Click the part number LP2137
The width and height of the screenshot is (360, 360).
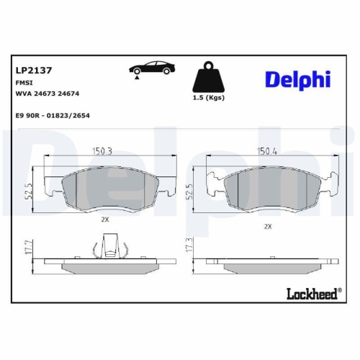pyautogui.click(x=31, y=71)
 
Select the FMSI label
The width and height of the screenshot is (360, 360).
pyautogui.click(x=23, y=83)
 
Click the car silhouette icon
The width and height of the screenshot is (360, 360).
pyautogui.click(x=152, y=69)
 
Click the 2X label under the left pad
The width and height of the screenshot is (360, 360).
pyautogui.click(x=104, y=218)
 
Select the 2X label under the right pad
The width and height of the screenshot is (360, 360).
pyautogui.click(x=268, y=225)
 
